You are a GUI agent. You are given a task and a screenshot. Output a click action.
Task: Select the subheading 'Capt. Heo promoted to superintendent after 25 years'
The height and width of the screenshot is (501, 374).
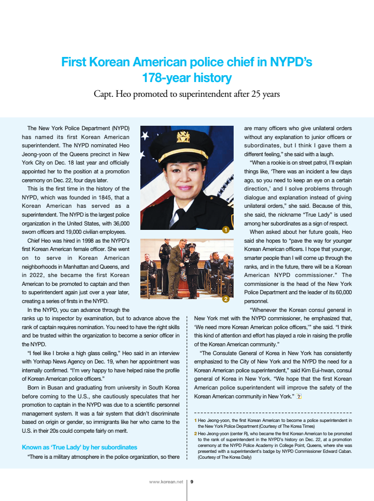(x=187, y=94)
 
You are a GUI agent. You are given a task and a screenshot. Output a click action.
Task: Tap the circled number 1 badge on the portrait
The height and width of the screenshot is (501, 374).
(x=225, y=229)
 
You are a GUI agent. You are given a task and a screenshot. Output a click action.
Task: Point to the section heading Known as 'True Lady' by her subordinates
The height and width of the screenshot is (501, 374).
(x=80, y=447)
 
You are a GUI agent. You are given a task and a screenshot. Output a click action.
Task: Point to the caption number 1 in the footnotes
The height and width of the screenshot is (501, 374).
(x=195, y=421)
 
